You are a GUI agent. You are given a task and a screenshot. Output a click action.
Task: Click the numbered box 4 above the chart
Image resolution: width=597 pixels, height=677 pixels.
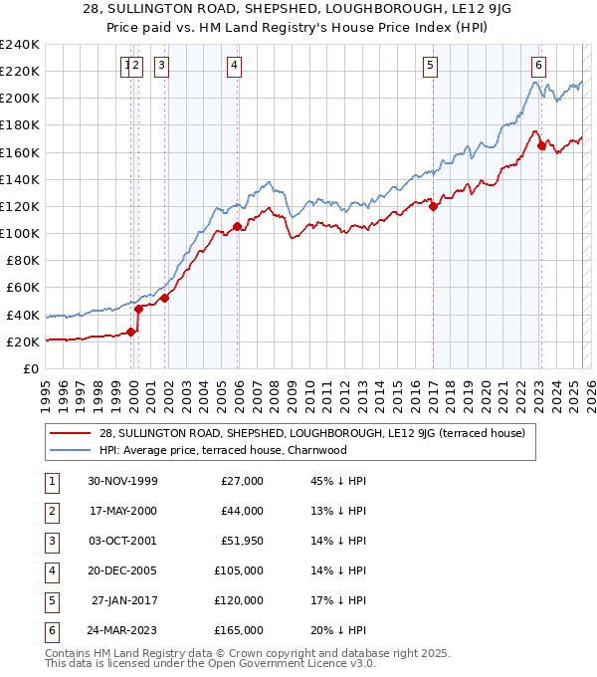click(x=234, y=67)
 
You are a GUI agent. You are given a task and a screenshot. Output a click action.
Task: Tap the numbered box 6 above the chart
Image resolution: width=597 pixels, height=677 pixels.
click(x=538, y=67)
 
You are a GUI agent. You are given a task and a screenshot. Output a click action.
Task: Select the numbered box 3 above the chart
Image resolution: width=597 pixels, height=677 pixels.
click(x=161, y=67)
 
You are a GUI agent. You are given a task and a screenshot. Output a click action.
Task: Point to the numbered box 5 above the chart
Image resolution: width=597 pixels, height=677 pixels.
click(x=430, y=67)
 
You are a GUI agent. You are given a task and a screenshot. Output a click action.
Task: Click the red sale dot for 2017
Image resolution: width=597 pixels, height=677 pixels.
click(x=433, y=206)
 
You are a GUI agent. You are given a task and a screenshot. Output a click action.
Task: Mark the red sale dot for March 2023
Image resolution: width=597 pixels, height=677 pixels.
click(x=541, y=145)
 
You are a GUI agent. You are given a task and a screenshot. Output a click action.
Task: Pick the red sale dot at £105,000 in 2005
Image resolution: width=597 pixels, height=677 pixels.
click(x=237, y=227)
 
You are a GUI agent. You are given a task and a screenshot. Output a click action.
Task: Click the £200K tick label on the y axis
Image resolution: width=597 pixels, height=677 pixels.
click(x=20, y=99)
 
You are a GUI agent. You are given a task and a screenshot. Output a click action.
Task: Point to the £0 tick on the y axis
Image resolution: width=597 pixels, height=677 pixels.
click(x=31, y=368)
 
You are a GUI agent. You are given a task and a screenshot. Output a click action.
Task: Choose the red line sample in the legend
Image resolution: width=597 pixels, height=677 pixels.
click(x=70, y=433)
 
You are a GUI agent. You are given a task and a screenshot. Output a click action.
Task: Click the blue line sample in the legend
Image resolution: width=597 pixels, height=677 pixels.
click(x=70, y=449)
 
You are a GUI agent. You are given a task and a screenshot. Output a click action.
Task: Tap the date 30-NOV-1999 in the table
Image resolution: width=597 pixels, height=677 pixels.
click(x=122, y=481)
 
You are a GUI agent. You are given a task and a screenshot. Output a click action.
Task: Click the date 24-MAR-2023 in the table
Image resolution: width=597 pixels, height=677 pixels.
click(x=122, y=630)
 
